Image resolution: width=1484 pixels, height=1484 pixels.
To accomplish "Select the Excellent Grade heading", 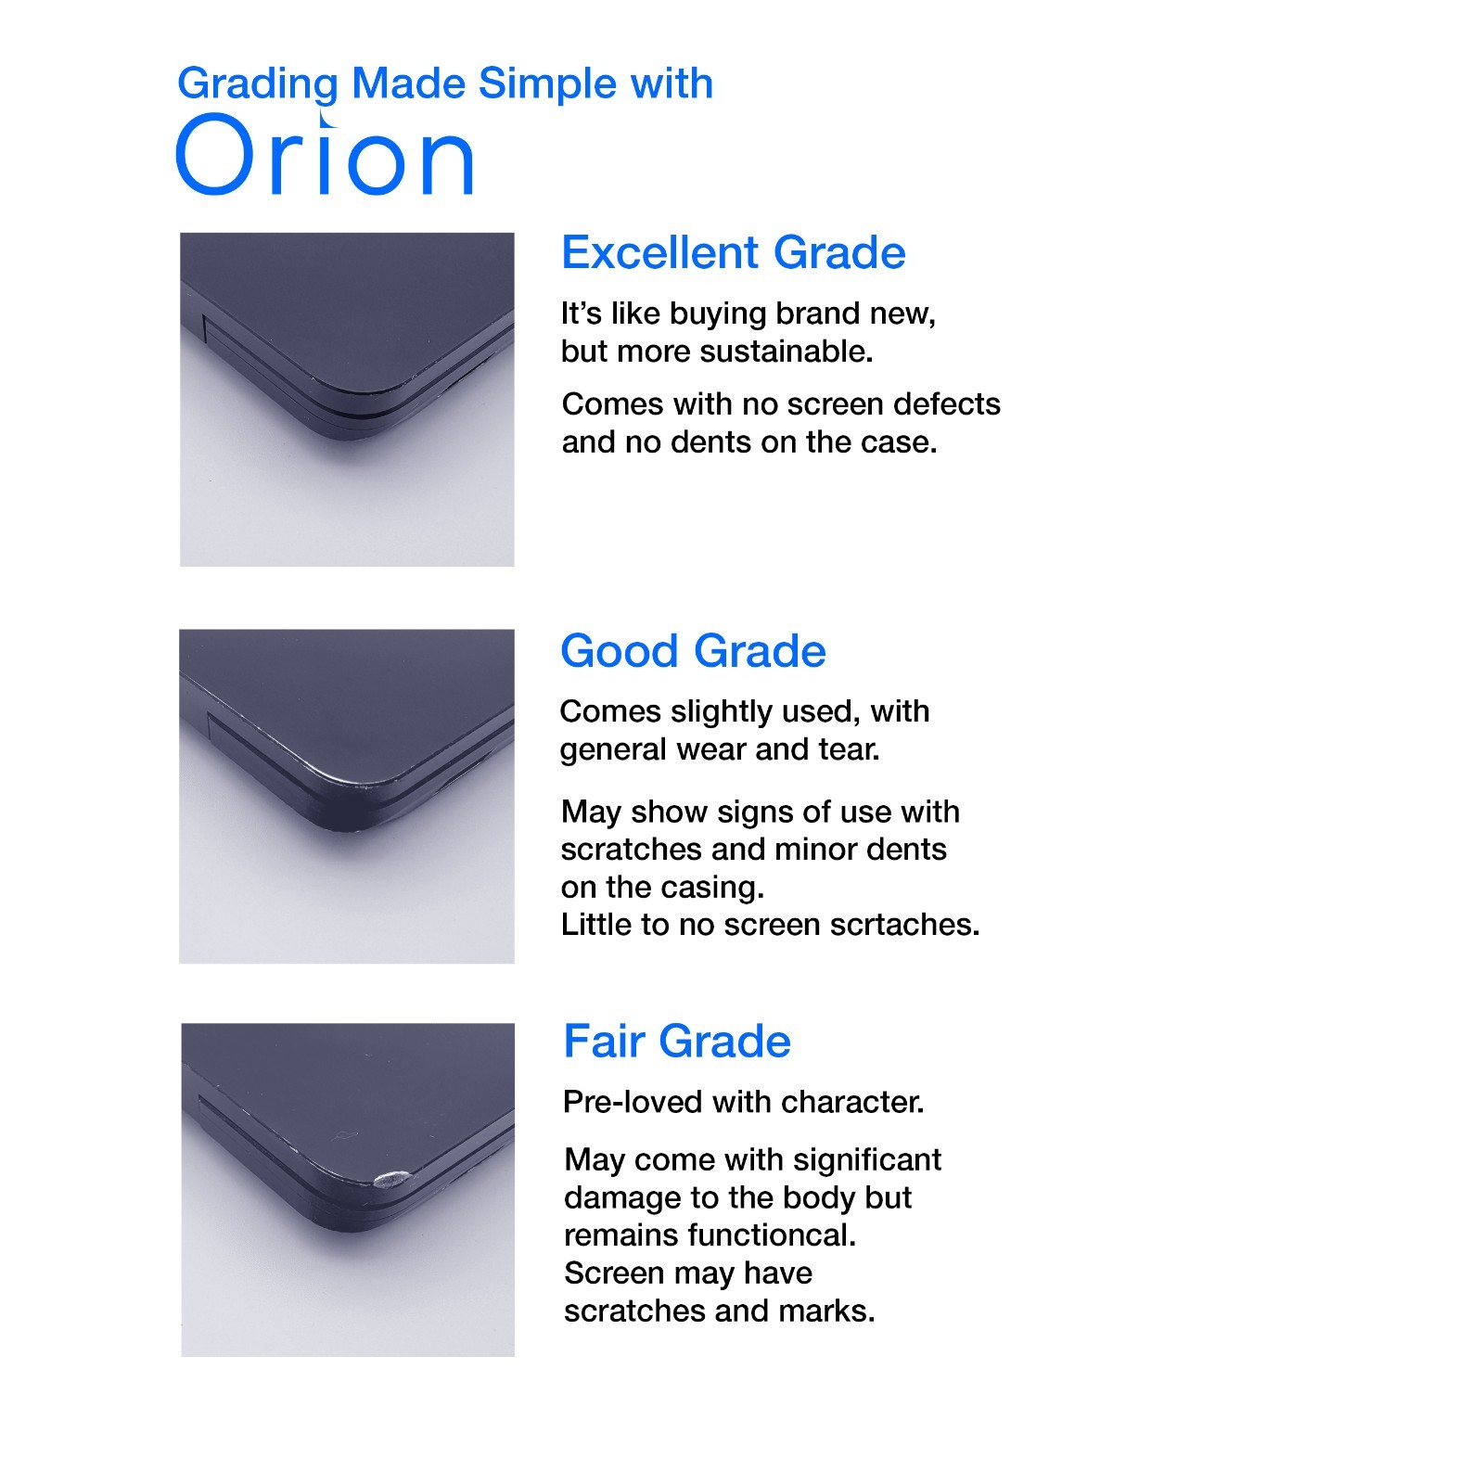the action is click(734, 253).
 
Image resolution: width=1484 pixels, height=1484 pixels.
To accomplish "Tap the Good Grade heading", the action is click(693, 651).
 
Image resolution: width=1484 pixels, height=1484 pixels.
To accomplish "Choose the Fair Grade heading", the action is click(677, 1042).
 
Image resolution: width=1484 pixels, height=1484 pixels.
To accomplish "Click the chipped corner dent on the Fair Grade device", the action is click(388, 1178).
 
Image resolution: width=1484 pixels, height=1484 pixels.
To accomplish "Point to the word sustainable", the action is click(787, 352).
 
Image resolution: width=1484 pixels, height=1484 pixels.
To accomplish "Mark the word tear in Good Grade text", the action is click(849, 749).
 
